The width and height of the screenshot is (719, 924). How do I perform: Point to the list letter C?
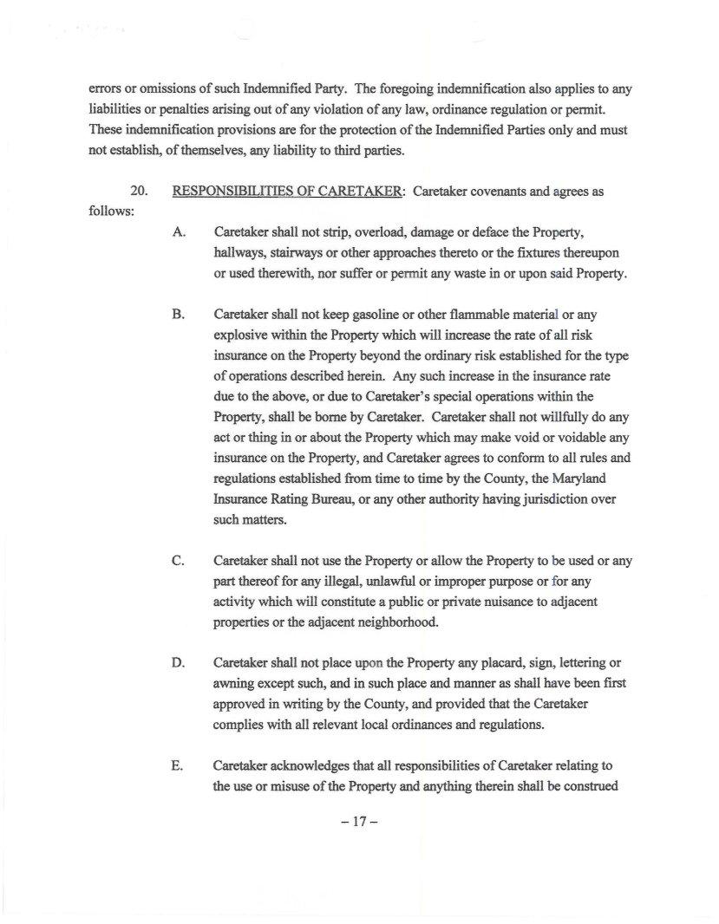(179, 561)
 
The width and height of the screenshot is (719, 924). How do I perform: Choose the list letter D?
(179, 663)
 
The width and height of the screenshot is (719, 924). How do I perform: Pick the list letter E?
(179, 765)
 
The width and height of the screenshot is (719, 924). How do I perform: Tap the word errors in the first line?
(105, 89)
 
